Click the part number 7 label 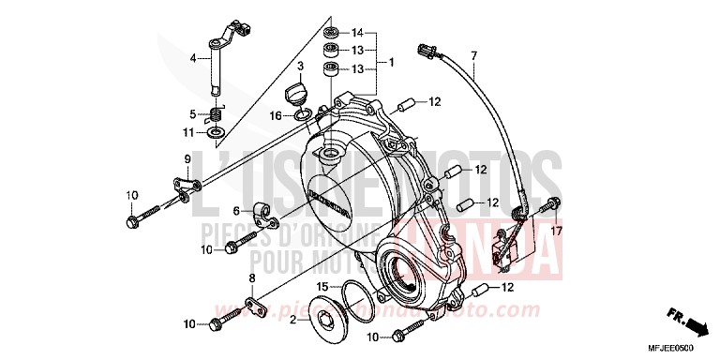[x=474, y=56]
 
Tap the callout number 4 [x=193, y=58]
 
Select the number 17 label [x=556, y=231]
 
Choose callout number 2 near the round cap [x=292, y=321]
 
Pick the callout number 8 [x=251, y=279]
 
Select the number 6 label [x=237, y=211]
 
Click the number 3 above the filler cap [x=301, y=67]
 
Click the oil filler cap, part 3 [x=296, y=93]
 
